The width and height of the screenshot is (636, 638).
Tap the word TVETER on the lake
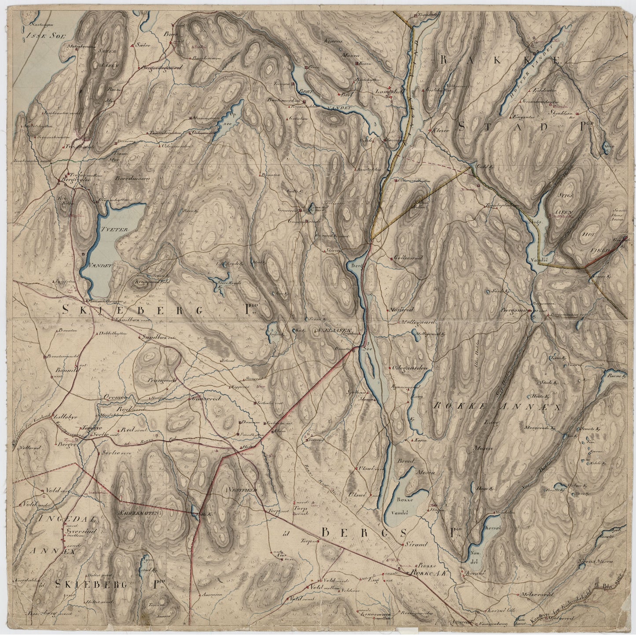tap(113, 230)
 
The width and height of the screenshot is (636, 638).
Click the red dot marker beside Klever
tap(430, 130)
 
